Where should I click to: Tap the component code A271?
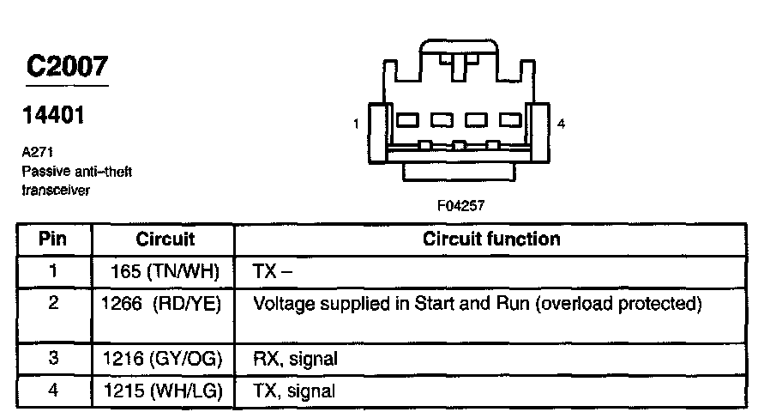click(37, 151)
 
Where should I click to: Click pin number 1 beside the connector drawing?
click(355, 124)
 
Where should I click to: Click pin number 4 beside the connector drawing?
click(561, 124)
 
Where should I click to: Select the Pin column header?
click(53, 239)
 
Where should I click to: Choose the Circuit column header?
click(165, 239)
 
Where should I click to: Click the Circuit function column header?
click(491, 239)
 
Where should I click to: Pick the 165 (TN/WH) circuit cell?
click(165, 271)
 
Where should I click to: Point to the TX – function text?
click(273, 271)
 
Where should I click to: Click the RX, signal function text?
click(295, 360)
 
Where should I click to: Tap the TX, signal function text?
click(294, 391)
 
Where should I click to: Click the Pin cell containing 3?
click(53, 360)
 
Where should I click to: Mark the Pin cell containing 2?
click(53, 304)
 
